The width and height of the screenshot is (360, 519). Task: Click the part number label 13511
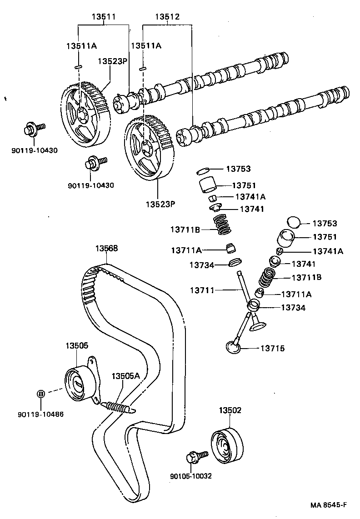click(x=104, y=17)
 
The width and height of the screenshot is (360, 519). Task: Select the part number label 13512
click(x=168, y=17)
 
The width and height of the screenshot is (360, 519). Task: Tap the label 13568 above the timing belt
click(x=106, y=249)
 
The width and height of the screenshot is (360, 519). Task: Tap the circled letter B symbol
click(x=40, y=394)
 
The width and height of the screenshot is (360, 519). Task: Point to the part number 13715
click(x=272, y=349)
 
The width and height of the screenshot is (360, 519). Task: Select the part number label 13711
click(x=203, y=289)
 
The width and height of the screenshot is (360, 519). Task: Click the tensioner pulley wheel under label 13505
click(x=77, y=383)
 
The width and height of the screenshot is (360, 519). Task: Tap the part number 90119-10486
click(x=41, y=414)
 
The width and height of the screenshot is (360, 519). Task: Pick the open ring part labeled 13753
click(x=203, y=171)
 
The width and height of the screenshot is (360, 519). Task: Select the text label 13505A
click(x=125, y=376)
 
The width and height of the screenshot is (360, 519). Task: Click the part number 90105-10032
click(x=190, y=476)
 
